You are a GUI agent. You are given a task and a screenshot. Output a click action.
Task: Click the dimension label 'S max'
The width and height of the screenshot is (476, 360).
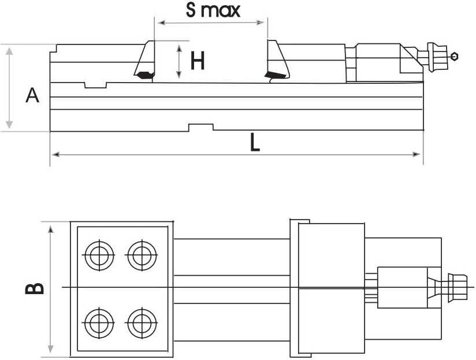[x=213, y=10]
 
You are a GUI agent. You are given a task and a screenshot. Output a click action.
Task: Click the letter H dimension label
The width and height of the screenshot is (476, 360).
[x=198, y=61]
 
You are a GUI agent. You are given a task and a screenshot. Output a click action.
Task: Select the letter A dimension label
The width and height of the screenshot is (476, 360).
[x=33, y=95]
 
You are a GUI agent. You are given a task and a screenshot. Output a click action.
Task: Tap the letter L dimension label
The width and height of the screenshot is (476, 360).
[x=255, y=142]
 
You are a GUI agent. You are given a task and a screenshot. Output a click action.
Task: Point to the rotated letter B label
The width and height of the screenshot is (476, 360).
[x=35, y=288]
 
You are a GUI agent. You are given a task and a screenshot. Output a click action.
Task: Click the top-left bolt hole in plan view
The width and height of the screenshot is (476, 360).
[x=99, y=255]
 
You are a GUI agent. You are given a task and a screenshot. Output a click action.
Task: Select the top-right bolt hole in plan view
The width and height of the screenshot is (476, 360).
[x=142, y=255]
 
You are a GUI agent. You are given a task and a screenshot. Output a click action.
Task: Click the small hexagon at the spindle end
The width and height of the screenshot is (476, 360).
[x=455, y=57]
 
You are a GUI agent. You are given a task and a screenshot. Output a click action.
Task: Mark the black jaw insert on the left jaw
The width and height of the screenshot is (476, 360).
[x=144, y=75]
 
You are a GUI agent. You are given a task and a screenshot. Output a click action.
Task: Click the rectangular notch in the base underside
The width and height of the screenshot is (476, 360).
[x=201, y=127]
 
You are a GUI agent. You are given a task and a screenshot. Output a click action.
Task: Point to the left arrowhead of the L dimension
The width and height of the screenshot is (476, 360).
[x=55, y=154]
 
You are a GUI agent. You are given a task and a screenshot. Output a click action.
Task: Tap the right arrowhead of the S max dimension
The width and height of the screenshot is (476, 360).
[x=262, y=23]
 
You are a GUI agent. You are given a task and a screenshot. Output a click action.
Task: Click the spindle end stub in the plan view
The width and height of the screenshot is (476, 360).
[x=459, y=287]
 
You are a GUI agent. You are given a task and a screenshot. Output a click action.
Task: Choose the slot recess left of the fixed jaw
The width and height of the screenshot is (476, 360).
[x=96, y=86]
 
